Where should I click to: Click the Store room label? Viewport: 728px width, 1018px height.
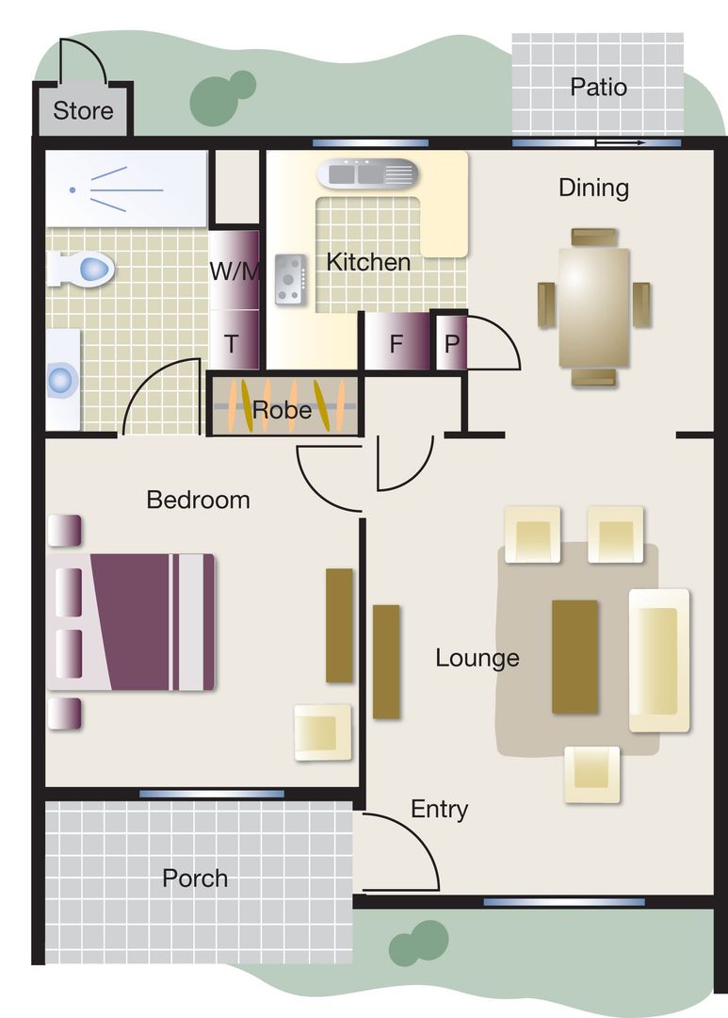click(x=83, y=111)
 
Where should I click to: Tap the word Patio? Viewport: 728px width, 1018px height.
click(x=598, y=88)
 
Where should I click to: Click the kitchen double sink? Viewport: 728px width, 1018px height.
click(x=368, y=173)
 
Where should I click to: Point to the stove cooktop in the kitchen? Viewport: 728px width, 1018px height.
click(x=288, y=279)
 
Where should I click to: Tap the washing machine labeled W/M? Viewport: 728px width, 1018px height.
click(x=233, y=271)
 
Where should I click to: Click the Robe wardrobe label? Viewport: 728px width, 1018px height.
click(x=282, y=410)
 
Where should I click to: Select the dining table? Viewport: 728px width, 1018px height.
click(x=593, y=307)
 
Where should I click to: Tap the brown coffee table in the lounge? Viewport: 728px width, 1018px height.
click(x=574, y=656)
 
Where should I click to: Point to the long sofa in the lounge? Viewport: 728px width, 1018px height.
click(x=658, y=660)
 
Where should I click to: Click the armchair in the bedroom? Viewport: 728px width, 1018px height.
click(x=322, y=731)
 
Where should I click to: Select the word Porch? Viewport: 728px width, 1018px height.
click(x=195, y=878)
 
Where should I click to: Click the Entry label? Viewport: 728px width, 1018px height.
click(x=439, y=809)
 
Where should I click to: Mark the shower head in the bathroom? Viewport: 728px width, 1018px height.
click(x=73, y=190)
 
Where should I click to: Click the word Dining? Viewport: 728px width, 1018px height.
click(x=593, y=188)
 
